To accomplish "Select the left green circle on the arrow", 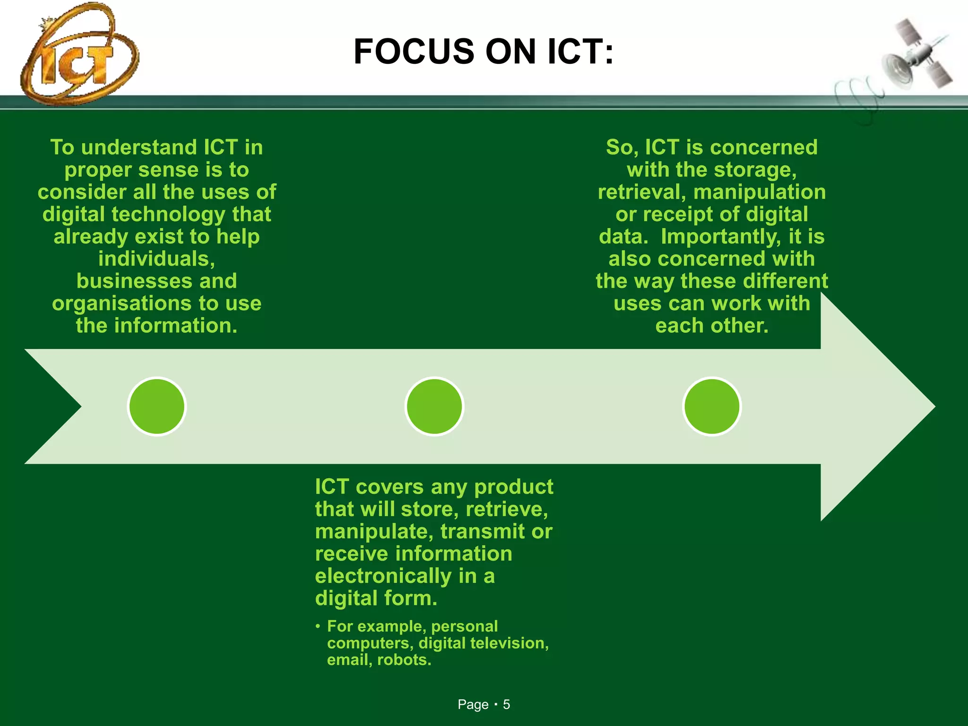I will click(157, 406).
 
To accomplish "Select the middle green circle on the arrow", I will click(434, 406).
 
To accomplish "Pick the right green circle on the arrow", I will click(712, 406).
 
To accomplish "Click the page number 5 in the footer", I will click(506, 705).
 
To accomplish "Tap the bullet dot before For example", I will click(318, 627).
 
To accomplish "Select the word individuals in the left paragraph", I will click(156, 259).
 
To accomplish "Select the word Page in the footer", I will click(473, 705).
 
